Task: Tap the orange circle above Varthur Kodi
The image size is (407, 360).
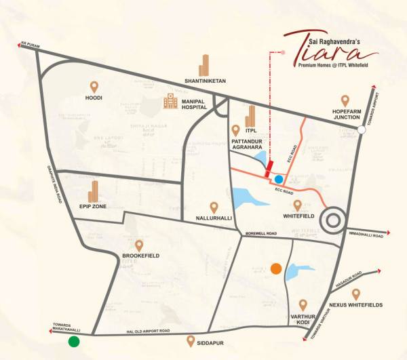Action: [276, 268]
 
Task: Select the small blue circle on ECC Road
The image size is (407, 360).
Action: [279, 180]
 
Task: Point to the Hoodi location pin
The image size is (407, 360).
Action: [94, 87]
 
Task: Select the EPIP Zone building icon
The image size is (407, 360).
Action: [94, 190]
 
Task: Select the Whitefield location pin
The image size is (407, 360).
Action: [296, 205]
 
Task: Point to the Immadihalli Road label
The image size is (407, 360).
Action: [365, 236]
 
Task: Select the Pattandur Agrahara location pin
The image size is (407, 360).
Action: [236, 129]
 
